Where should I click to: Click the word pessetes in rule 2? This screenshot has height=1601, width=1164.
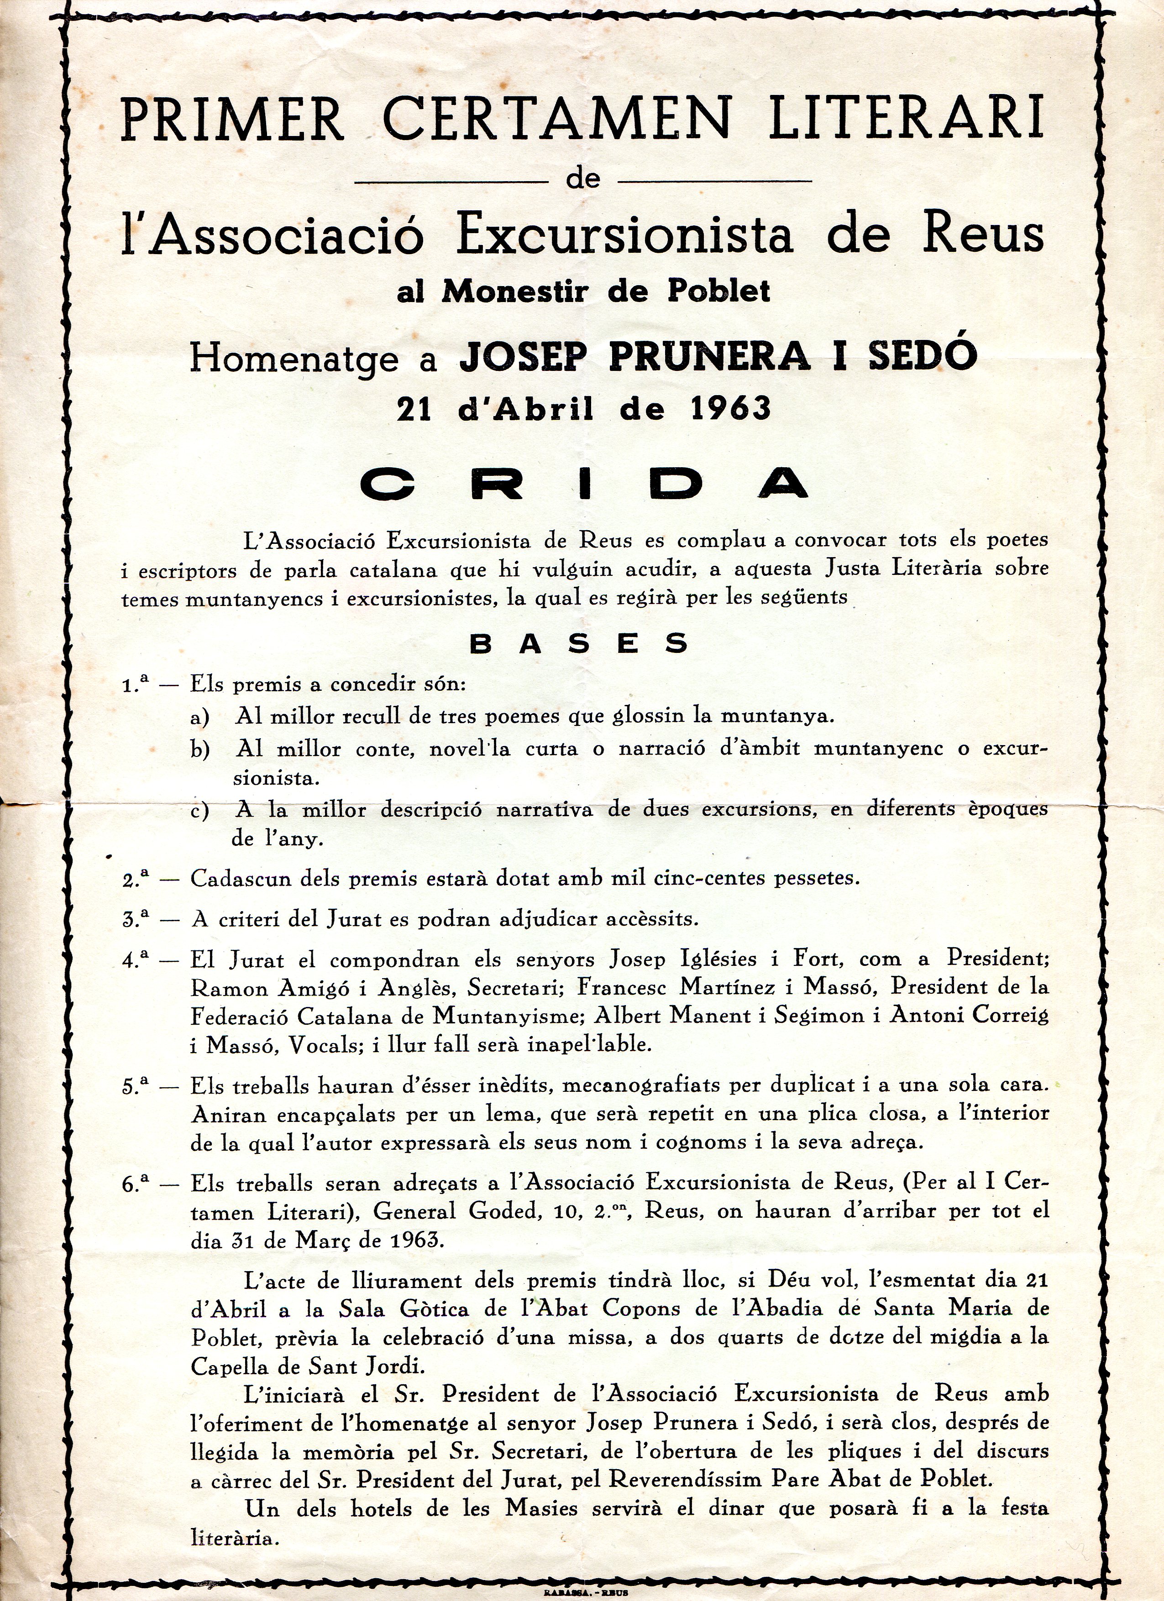(x=817, y=880)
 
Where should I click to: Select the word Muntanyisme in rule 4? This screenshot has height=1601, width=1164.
(x=509, y=1016)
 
